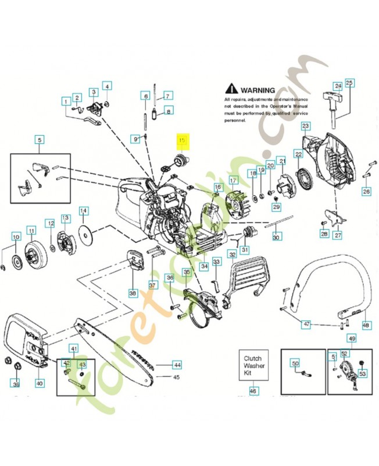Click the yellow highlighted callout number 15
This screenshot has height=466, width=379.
pyautogui.click(x=182, y=140)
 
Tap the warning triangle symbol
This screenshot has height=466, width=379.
pyautogui.click(x=231, y=90)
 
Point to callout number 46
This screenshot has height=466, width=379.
pyautogui.click(x=253, y=391)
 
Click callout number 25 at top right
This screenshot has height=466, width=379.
pyautogui.click(x=349, y=83)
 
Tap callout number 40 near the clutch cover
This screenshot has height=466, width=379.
pyautogui.click(x=40, y=383)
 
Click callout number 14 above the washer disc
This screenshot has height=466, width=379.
pyautogui.click(x=83, y=210)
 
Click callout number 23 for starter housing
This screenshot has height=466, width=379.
pyautogui.click(x=305, y=126)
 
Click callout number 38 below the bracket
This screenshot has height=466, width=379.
pyautogui.click(x=133, y=293)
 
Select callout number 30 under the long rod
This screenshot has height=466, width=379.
pyautogui.click(x=276, y=237)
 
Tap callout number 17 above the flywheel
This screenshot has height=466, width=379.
pyautogui.click(x=233, y=180)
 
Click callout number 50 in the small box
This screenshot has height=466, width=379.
pyautogui.click(x=295, y=363)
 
